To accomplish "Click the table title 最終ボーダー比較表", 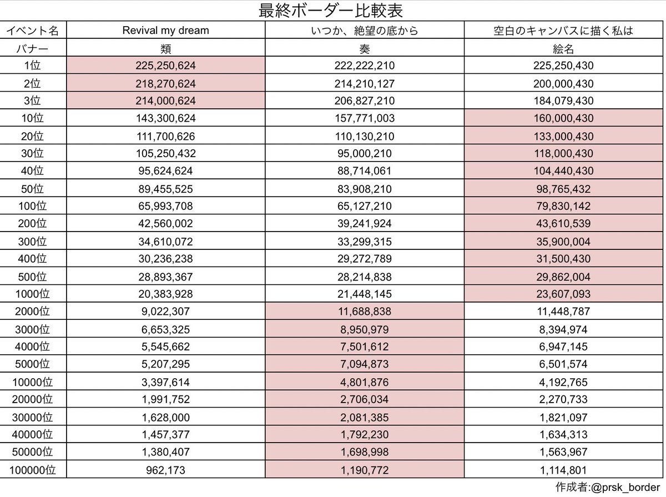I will pos(332,11).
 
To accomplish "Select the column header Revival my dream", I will pos(165,31).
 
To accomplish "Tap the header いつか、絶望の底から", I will pos(365,31).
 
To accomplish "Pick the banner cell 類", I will pos(165,49).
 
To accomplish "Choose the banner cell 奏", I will pos(365,49).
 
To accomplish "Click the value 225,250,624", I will pos(165,66).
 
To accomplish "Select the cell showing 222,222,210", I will pos(365,66).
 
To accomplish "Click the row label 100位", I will pos(34,206).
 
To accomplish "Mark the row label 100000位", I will pos(34,469).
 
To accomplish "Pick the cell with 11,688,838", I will pos(365,312).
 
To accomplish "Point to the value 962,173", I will pos(165,469).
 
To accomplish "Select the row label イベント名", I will pos(34,31).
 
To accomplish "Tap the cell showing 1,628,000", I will pos(165,417).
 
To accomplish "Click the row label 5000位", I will pos(34,364).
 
